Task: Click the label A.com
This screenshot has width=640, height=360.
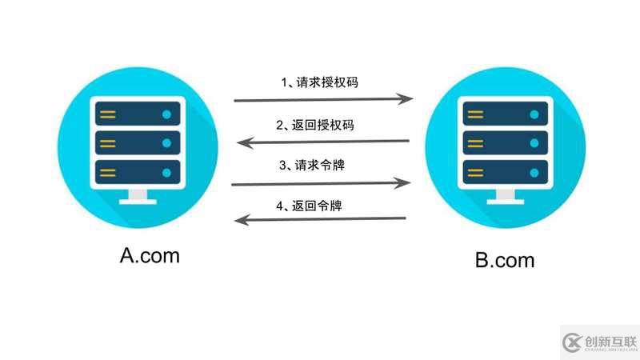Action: point(150,256)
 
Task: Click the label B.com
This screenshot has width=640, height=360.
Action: point(505,261)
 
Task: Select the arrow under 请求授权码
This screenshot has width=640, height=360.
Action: point(323,99)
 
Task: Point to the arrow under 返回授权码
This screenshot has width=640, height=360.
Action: point(323,142)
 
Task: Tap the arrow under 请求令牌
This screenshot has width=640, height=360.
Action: point(321,184)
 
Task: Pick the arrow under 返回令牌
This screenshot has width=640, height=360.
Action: point(320,219)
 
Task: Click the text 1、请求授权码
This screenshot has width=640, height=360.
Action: point(319,82)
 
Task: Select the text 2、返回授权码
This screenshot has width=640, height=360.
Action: point(315,125)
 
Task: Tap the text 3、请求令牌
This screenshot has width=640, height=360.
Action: point(312,166)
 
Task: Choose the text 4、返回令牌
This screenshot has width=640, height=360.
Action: point(309,206)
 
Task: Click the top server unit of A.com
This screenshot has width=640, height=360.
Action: point(138,114)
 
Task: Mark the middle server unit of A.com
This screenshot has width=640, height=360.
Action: point(138,143)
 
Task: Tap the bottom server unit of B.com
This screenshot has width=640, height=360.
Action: point(506,173)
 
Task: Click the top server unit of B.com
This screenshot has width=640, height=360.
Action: point(506,114)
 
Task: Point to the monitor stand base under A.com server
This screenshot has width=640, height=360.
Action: point(138,202)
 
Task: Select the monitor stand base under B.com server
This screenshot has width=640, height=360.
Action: point(506,202)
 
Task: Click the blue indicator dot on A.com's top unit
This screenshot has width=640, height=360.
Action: point(166,114)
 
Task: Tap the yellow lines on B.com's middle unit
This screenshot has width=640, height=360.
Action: point(475,144)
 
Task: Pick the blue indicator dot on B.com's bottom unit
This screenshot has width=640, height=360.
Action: point(534,173)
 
